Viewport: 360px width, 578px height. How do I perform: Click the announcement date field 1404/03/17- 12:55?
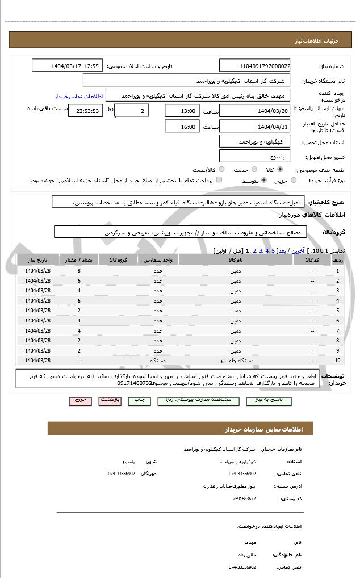point(68,66)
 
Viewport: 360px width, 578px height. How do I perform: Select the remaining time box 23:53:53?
point(85,111)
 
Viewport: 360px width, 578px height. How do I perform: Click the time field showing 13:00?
point(182,111)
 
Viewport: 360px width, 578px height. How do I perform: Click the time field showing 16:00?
point(182,127)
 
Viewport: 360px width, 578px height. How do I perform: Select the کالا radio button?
point(279,170)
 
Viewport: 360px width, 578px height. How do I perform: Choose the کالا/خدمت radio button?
point(221,170)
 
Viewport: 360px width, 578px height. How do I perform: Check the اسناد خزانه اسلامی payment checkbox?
point(219,181)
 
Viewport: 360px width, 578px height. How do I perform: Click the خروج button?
point(80,400)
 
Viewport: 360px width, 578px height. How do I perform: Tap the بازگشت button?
point(110,400)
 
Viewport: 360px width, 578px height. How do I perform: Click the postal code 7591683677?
point(244,499)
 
